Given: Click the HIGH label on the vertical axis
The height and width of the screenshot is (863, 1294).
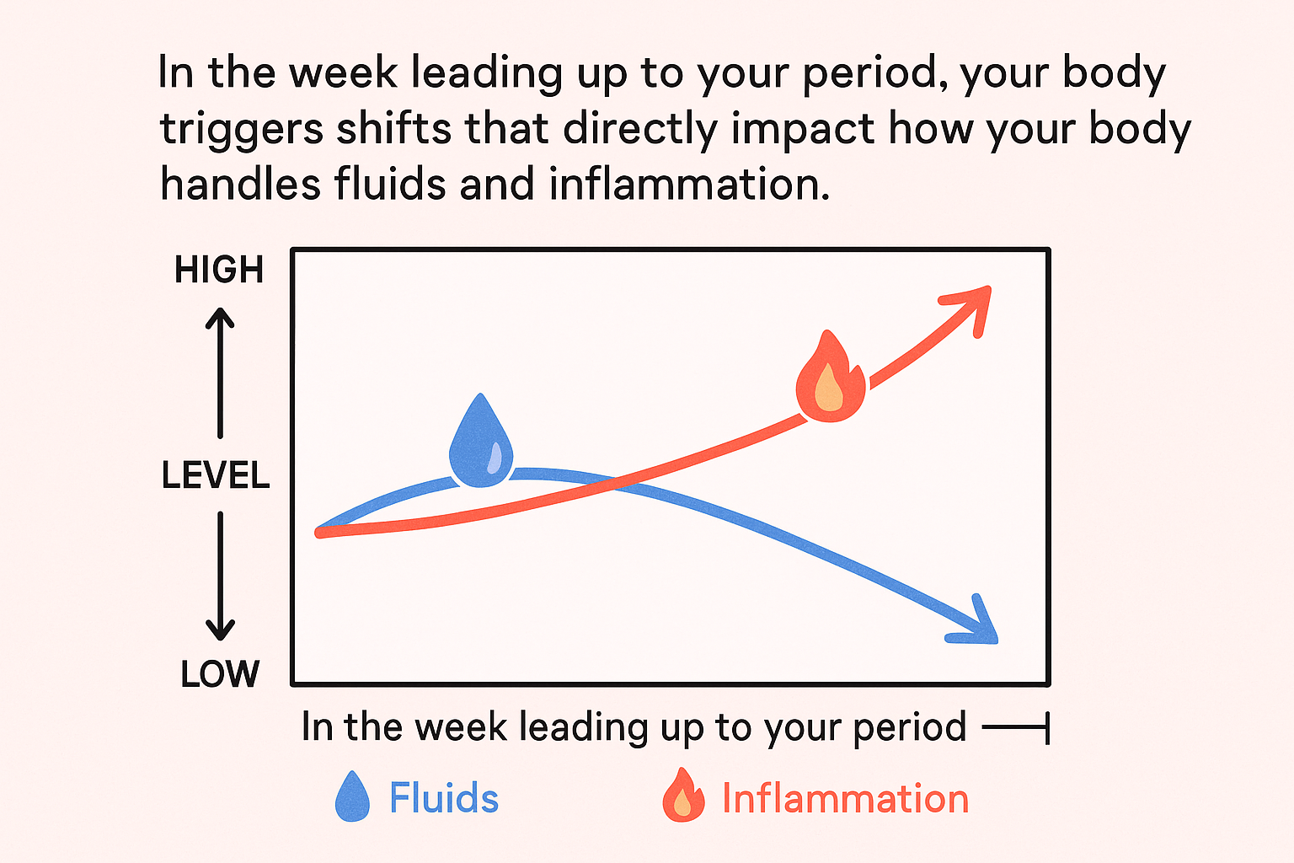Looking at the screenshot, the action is point(219,270).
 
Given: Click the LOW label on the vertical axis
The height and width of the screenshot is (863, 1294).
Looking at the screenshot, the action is point(220,674).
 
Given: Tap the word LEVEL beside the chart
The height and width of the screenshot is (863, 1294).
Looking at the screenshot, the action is point(216,475).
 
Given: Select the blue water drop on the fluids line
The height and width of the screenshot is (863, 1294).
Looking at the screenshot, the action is point(481,441).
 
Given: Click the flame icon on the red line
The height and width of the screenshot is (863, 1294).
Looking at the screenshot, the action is point(830,376).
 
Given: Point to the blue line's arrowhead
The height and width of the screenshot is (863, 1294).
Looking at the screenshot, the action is point(978,624).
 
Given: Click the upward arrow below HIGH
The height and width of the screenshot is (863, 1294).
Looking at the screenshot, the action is point(220,373).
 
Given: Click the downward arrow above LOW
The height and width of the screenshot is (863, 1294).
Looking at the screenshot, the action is point(220,576).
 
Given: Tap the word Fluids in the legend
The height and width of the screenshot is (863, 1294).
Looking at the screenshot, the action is point(444,798).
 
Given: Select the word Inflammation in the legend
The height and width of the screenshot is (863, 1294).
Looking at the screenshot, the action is point(846,799).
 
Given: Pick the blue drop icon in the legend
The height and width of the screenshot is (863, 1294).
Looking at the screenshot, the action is point(352,796).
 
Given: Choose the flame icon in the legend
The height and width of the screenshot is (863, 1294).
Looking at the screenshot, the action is point(683,795).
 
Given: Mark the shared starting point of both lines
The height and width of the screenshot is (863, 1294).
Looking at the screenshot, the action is point(319,532).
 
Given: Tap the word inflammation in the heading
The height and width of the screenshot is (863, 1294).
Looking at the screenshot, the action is point(689,184).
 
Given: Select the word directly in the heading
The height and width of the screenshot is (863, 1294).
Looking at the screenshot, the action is point(640,130).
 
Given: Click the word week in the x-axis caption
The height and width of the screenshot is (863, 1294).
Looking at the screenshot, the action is point(461,726).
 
